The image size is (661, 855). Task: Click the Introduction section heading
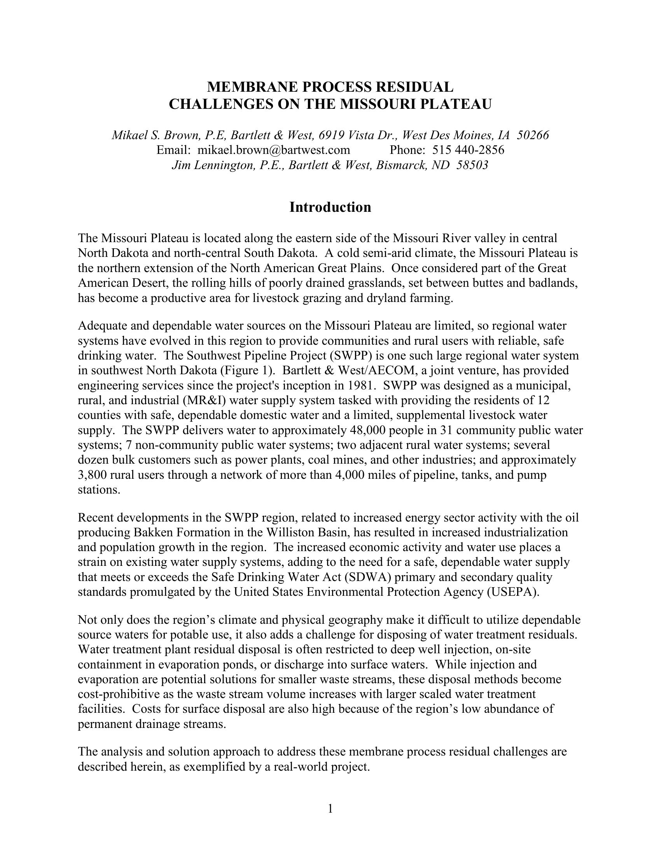tap(330, 207)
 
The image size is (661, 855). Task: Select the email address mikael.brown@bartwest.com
tap(273, 150)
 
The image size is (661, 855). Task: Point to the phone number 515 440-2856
tap(469, 150)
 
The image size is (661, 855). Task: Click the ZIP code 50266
tap(533, 135)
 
